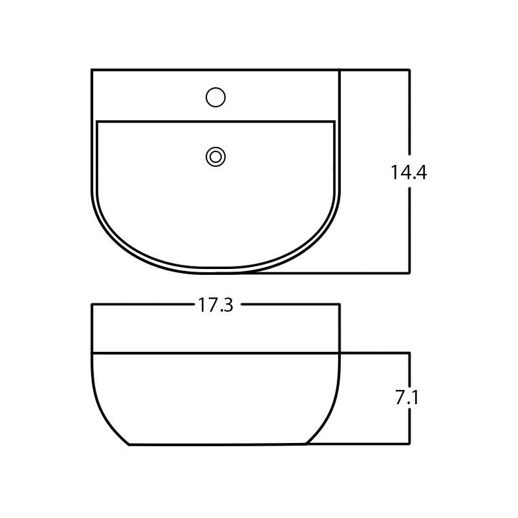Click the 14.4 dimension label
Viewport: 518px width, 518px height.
tap(408, 173)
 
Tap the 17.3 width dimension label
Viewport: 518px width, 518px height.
tap(215, 305)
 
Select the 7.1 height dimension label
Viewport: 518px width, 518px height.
tap(407, 398)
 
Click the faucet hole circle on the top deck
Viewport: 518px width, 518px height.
tap(215, 98)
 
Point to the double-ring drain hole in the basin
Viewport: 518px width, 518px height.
tap(215, 156)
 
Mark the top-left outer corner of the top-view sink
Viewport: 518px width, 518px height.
tap(92, 70)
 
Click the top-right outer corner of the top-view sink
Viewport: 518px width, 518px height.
tap(339, 70)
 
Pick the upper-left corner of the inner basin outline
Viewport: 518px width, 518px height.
tap(97, 122)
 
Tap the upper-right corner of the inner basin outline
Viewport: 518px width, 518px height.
tap(334, 122)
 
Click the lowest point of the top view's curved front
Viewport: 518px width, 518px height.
tap(215, 273)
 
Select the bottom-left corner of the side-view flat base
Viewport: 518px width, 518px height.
tap(129, 444)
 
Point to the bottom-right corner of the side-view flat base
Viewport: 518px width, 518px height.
tap(305, 444)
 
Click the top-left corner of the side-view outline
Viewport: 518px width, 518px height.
tap(92, 305)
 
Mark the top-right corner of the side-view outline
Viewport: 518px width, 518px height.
tap(339, 305)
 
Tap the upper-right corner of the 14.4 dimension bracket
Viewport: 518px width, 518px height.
tap(409, 70)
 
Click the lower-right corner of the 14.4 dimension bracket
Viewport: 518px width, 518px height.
tap(409, 273)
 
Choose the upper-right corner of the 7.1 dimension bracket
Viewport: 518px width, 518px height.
tap(409, 353)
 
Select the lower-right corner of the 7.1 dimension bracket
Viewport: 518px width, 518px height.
tap(409, 444)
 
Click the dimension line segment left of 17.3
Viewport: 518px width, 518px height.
tap(142, 305)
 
